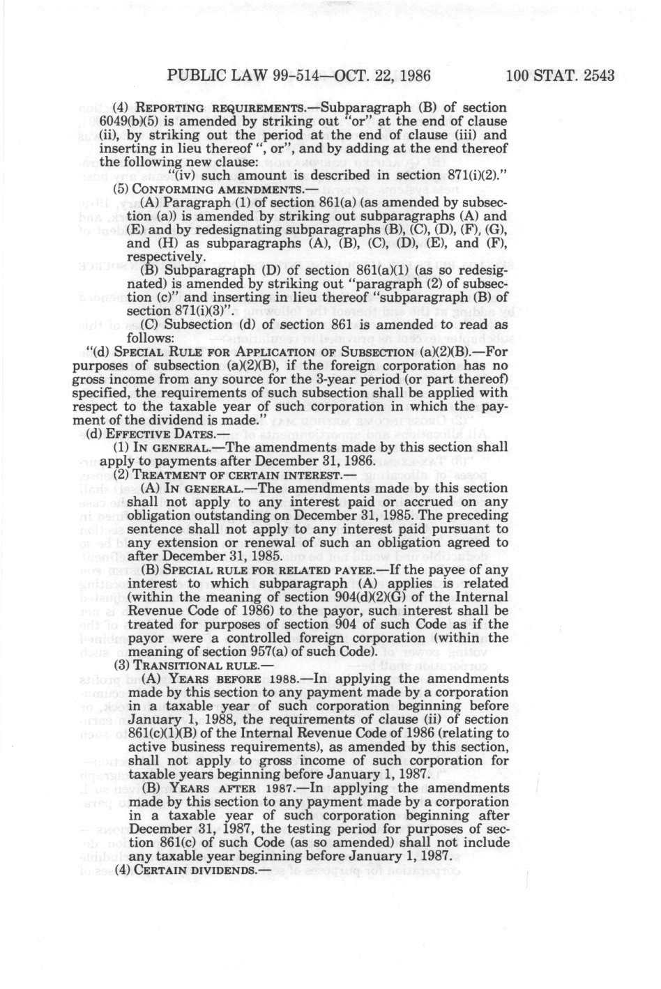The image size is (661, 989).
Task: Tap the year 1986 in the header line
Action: pos(411,75)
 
